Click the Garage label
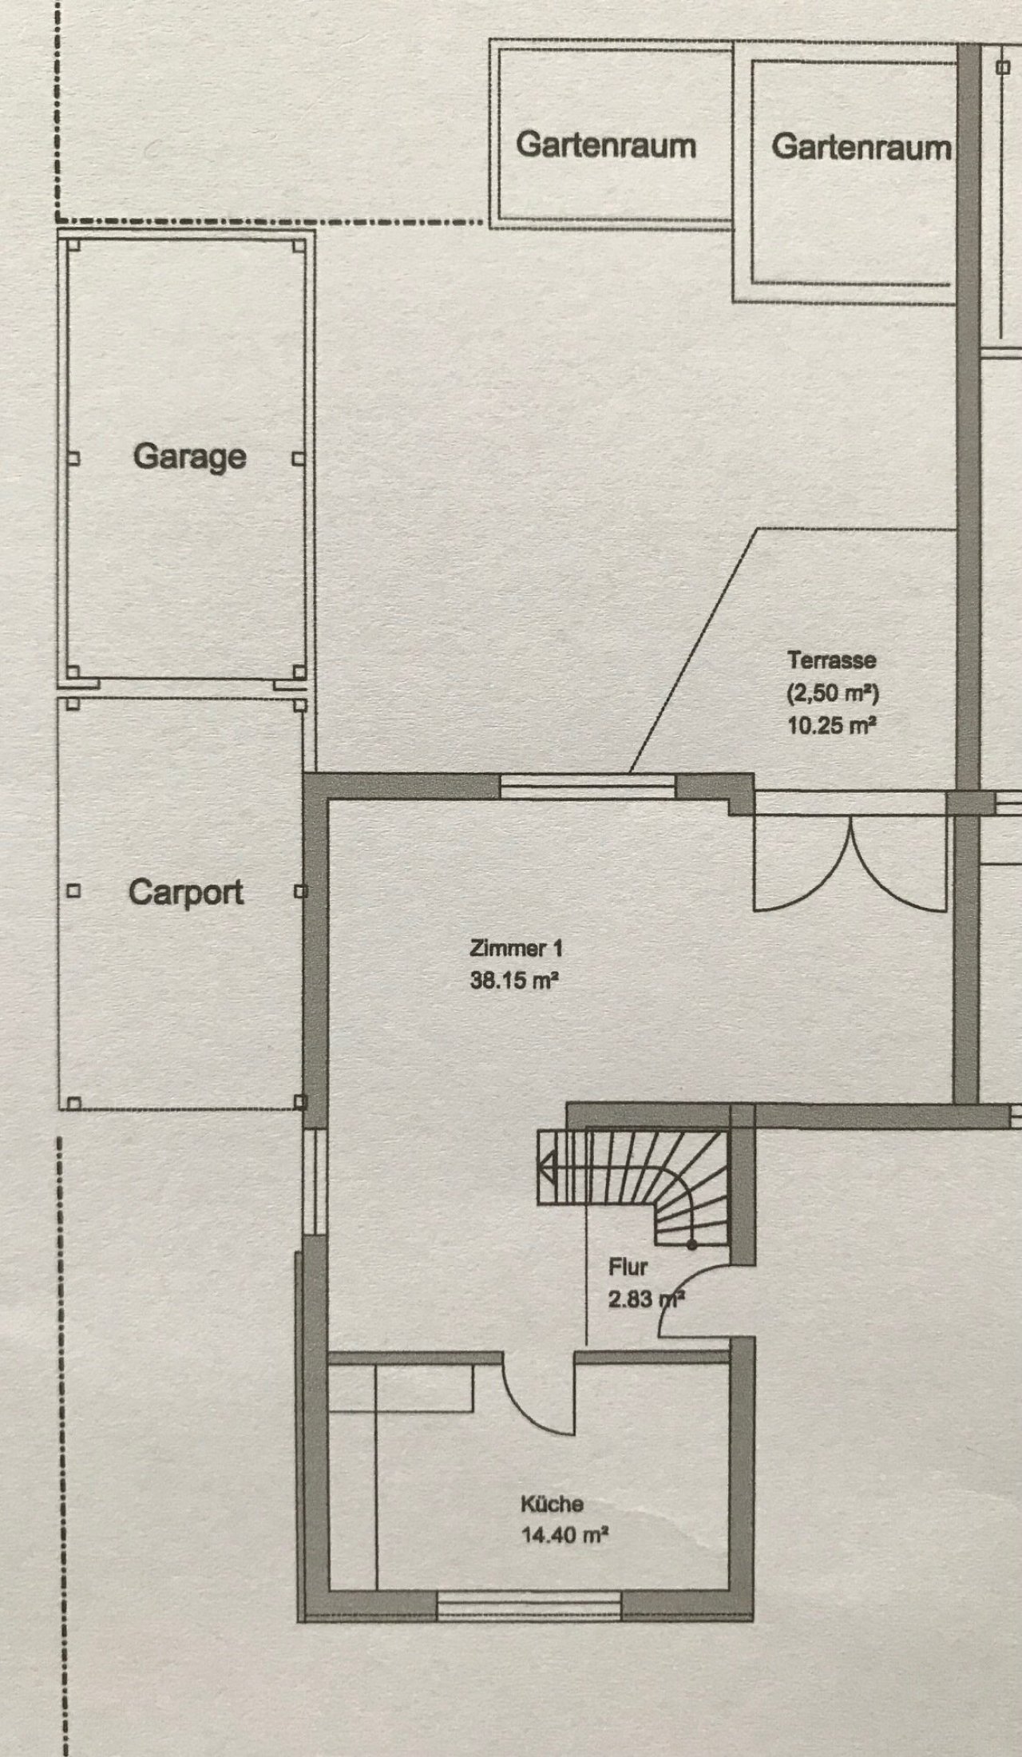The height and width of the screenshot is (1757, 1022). point(190,458)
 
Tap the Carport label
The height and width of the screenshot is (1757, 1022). point(186,892)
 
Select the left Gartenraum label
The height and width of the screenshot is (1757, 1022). point(606,145)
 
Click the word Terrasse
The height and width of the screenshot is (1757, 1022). point(832,660)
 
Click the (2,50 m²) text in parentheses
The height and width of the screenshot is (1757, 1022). point(833,693)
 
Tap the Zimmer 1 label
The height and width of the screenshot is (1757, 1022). point(516,949)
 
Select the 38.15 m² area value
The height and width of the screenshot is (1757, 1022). point(513,980)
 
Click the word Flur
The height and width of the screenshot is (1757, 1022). point(628,1267)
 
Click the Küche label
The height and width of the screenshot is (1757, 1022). point(552,1504)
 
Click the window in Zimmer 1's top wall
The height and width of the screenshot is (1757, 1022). point(588,786)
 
